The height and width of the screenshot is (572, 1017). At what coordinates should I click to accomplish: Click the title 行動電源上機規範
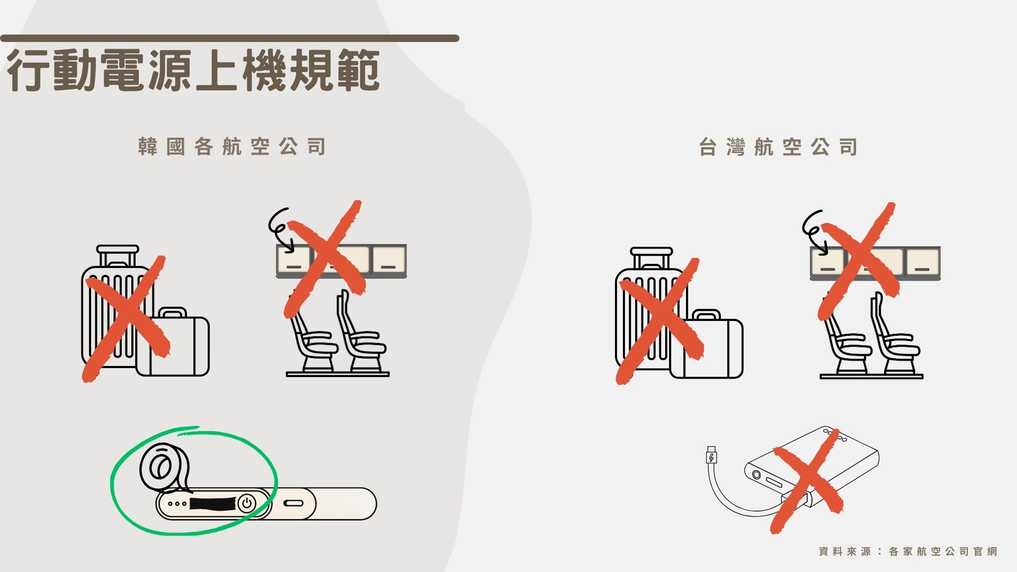(x=193, y=70)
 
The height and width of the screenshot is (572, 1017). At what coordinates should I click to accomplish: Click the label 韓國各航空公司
(x=231, y=147)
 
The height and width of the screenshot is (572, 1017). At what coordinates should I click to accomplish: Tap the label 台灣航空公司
(x=778, y=147)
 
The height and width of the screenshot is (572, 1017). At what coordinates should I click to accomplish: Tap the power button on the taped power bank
(x=246, y=503)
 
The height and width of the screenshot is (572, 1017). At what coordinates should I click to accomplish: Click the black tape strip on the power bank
(x=212, y=503)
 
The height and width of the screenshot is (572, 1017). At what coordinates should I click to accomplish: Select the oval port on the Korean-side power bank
(x=293, y=503)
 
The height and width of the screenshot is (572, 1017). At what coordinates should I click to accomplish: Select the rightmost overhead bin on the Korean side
(x=389, y=260)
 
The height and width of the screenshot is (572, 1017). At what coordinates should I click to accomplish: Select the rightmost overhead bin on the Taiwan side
(x=923, y=262)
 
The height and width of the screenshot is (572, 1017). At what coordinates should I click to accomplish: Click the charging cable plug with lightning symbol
(x=711, y=456)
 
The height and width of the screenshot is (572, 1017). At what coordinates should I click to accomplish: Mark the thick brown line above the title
(x=229, y=38)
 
